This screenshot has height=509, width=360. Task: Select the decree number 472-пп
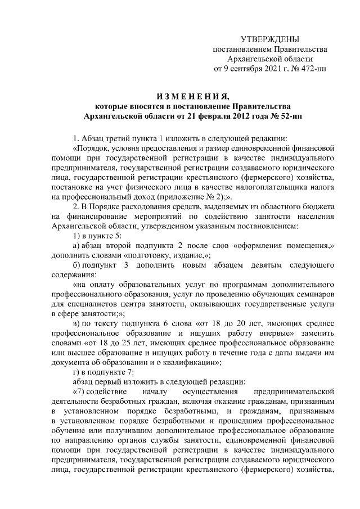point(314,69)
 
